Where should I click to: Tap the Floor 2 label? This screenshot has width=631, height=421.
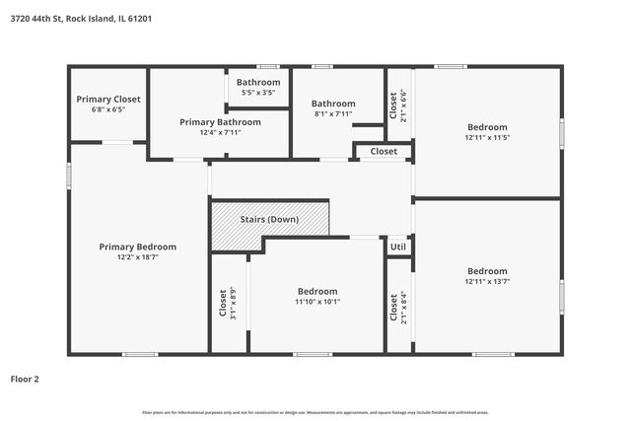pos(25,378)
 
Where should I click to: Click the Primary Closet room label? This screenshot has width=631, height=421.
pos(108,100)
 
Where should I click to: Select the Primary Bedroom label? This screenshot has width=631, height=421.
pos(137,246)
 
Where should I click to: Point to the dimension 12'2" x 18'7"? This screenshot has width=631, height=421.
pos(137,256)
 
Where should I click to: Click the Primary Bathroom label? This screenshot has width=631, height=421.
pos(220,121)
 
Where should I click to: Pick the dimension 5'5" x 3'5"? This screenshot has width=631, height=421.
pos(258,93)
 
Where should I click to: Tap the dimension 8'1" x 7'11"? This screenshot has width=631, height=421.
pos(333,113)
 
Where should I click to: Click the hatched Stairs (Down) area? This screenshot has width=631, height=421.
pos(270,219)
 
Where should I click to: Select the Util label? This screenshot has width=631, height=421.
pos(397,246)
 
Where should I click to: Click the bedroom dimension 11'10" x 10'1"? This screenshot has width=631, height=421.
pos(317,302)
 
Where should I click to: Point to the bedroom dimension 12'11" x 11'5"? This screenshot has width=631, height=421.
pos(487,137)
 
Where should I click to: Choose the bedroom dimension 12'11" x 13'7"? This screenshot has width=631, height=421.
pos(487,281)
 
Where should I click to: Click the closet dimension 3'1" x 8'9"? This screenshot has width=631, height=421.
pos(234,302)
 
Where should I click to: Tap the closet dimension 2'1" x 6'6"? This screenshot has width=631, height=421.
pos(403,106)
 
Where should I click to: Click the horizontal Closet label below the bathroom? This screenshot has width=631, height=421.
pos(384,151)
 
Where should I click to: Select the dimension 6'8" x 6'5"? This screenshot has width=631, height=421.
pos(108,109)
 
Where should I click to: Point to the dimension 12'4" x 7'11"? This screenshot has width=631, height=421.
pos(220,132)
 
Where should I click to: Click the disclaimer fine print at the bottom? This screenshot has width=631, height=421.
pos(315,412)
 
